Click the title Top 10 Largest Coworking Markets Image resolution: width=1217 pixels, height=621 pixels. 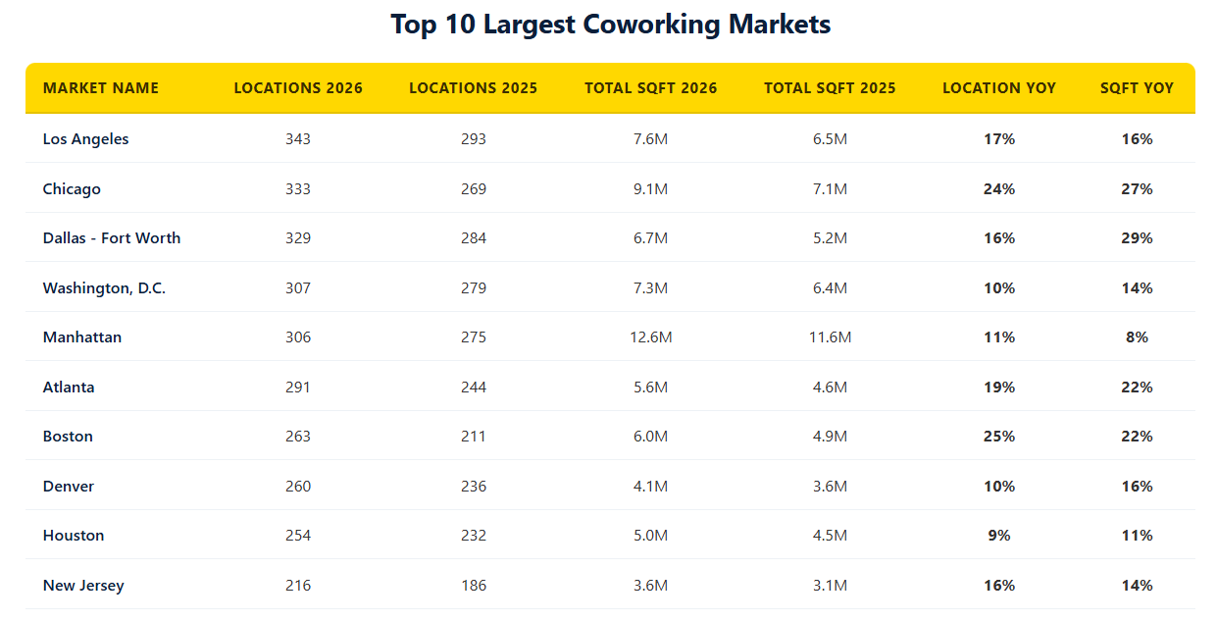[x=610, y=25]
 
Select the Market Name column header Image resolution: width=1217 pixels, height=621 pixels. [x=100, y=88]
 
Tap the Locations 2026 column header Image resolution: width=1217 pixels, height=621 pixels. [x=298, y=88]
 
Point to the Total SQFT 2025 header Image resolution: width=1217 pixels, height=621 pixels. [x=830, y=88]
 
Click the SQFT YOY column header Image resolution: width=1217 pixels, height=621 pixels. [x=1137, y=88]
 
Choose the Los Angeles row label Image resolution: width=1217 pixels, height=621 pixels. [x=85, y=139]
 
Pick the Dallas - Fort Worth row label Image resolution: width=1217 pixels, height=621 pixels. [x=112, y=238]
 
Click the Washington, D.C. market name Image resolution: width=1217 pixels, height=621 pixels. [x=104, y=288]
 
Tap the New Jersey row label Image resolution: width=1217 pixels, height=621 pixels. [x=83, y=586]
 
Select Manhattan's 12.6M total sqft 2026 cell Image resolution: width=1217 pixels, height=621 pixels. [x=650, y=337]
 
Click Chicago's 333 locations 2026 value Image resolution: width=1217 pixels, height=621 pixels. [x=298, y=189]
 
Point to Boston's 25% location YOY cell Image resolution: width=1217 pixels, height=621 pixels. [x=999, y=437]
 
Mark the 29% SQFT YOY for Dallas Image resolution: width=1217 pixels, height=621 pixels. [x=1137, y=238]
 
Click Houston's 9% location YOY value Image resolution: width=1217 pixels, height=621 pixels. [x=999, y=536]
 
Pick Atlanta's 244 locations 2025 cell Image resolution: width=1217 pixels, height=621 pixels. [x=473, y=388]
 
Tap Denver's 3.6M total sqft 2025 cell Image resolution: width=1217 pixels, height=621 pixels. [x=830, y=487]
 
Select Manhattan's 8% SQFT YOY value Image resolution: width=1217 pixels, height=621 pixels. [x=1137, y=337]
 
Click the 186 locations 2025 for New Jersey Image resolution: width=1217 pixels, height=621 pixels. [x=473, y=586]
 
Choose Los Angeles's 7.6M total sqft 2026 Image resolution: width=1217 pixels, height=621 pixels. [x=650, y=139]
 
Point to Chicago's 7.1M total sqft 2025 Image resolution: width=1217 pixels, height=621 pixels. [x=830, y=189]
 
